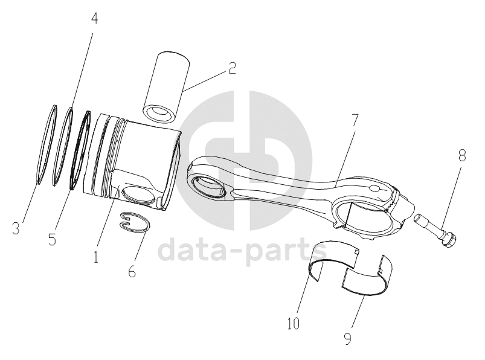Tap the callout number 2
click(233, 68)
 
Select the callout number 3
click(16, 228)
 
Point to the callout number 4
click(94, 18)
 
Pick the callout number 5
click(52, 239)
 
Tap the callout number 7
click(354, 121)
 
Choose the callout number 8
click(462, 156)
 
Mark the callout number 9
click(348, 338)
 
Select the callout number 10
click(293, 324)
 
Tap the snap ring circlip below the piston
click(134, 222)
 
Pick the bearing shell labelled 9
click(368, 279)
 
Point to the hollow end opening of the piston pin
click(159, 113)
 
